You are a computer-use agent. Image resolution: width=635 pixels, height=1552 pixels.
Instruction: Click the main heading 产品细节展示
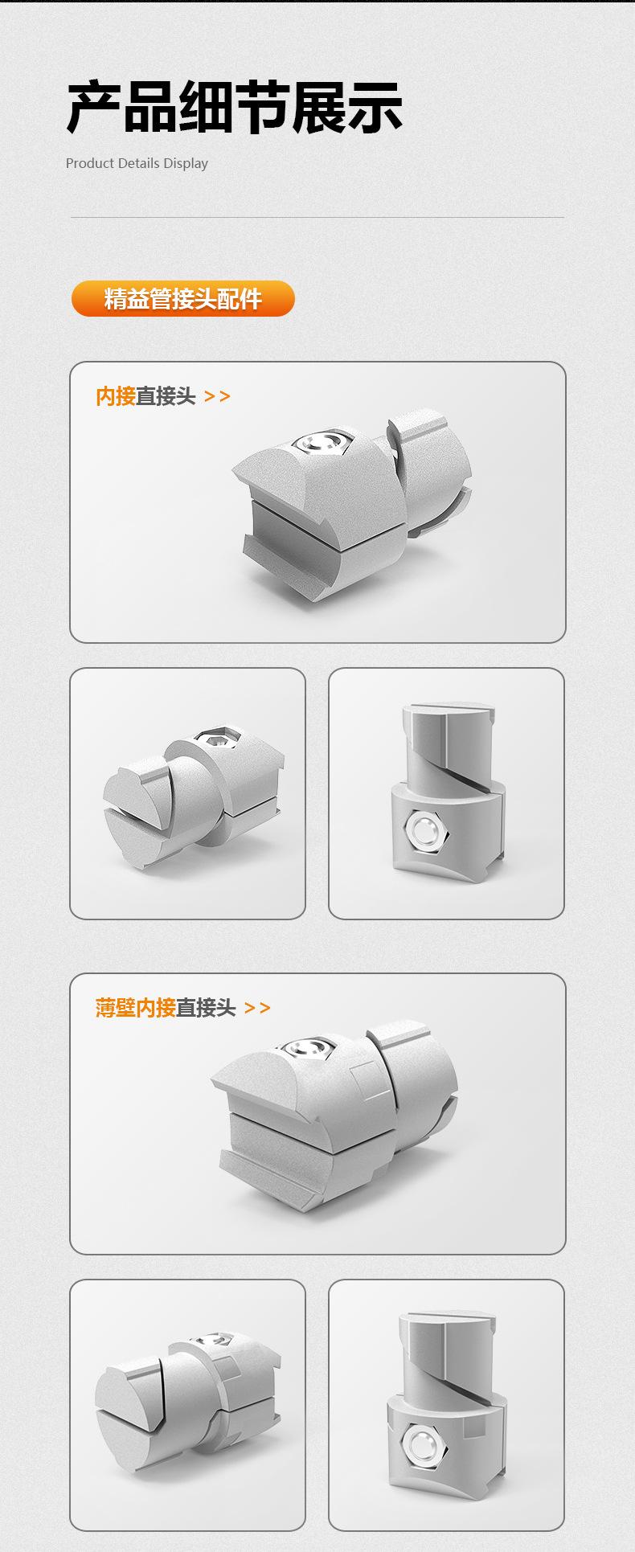coord(234,108)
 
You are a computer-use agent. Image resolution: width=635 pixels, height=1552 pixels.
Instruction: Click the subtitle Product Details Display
coord(137,163)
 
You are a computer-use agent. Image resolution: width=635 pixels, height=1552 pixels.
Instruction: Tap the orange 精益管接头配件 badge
coord(183,299)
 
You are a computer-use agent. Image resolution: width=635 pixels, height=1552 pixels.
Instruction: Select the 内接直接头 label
coord(145,396)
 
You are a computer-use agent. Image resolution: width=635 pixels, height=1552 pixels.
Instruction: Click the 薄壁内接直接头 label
coord(166,1007)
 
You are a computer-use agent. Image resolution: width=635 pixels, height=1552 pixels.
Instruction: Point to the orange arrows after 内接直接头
coord(217,396)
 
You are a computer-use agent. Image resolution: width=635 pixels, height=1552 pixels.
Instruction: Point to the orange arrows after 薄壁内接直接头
coord(257,1007)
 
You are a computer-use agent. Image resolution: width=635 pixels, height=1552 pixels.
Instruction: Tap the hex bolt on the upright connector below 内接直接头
coord(424,827)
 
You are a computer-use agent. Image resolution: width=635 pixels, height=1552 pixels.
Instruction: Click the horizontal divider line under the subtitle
coord(317,217)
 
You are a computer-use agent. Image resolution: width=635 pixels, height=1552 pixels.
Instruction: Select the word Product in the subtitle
coord(90,163)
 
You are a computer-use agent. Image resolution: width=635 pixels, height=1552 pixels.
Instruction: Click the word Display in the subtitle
coord(186,163)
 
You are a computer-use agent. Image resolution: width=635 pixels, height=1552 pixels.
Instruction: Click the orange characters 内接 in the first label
coord(116,396)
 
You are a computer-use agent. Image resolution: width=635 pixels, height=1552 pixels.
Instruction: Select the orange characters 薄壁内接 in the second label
coord(135,1007)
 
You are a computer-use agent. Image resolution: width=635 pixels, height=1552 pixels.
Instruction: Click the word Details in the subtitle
coord(139,163)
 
